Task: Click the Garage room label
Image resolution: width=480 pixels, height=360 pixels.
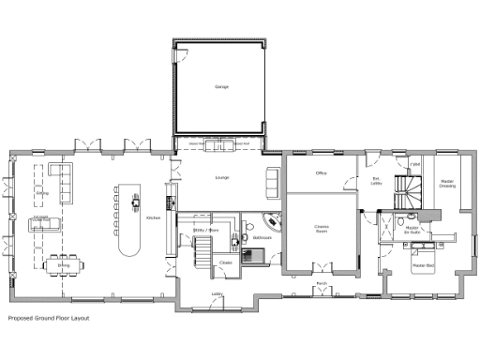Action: pyautogui.click(x=222, y=87)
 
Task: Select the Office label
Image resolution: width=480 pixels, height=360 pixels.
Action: pyautogui.click(x=321, y=172)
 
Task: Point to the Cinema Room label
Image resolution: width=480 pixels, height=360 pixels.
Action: pyautogui.click(x=321, y=229)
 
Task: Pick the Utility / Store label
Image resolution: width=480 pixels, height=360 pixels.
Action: pyautogui.click(x=205, y=229)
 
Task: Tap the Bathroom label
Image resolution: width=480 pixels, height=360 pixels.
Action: pyautogui.click(x=262, y=238)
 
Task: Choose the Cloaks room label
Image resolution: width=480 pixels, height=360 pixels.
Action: pyautogui.click(x=225, y=262)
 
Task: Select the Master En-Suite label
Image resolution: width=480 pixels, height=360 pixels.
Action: pyautogui.click(x=411, y=230)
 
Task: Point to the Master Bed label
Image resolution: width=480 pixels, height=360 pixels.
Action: pyautogui.click(x=423, y=265)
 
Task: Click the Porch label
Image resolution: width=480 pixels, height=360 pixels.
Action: pyautogui.click(x=321, y=282)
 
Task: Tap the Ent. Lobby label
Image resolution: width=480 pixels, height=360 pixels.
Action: pyautogui.click(x=377, y=181)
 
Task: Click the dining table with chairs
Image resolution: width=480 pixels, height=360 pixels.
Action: pyautogui.click(x=63, y=262)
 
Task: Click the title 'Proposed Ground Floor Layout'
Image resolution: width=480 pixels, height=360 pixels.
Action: pyautogui.click(x=49, y=319)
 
